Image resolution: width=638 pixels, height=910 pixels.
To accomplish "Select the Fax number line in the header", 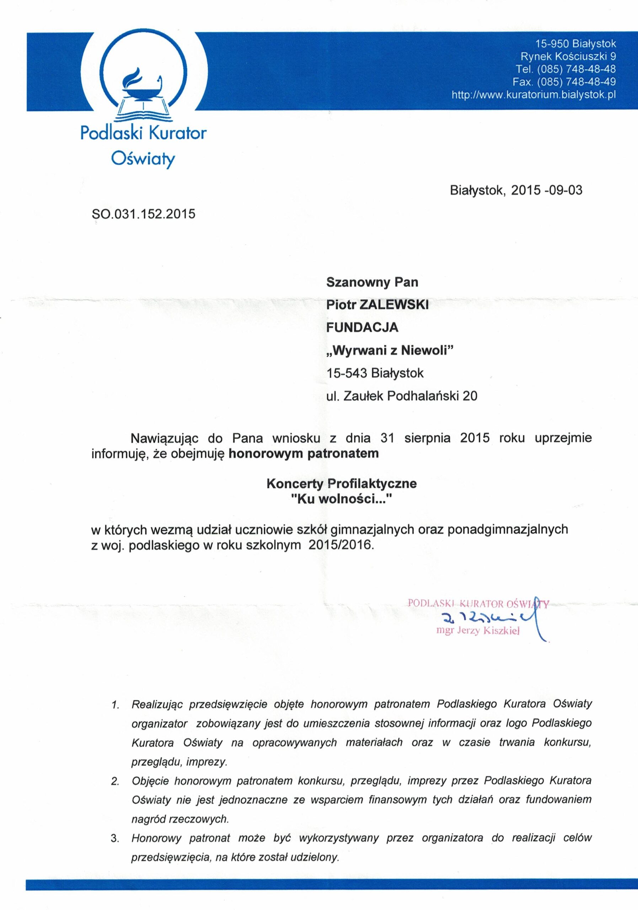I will point(564,82).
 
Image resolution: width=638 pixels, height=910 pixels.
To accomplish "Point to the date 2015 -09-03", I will point(547,191).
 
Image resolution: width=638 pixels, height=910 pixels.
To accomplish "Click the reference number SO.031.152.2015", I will point(144,214).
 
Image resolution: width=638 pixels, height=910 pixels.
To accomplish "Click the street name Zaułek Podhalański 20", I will point(410,396).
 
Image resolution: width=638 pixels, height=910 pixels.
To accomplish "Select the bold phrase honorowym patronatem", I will point(304,454).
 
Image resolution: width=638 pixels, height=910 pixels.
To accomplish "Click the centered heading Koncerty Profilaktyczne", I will point(342,483).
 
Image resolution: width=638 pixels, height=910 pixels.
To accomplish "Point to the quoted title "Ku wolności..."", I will point(342,499).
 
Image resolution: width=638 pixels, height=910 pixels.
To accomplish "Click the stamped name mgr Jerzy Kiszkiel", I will point(477,631).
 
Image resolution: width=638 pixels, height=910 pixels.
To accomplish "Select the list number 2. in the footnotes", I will point(115,781).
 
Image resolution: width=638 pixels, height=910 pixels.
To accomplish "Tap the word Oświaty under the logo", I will point(143,159).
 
